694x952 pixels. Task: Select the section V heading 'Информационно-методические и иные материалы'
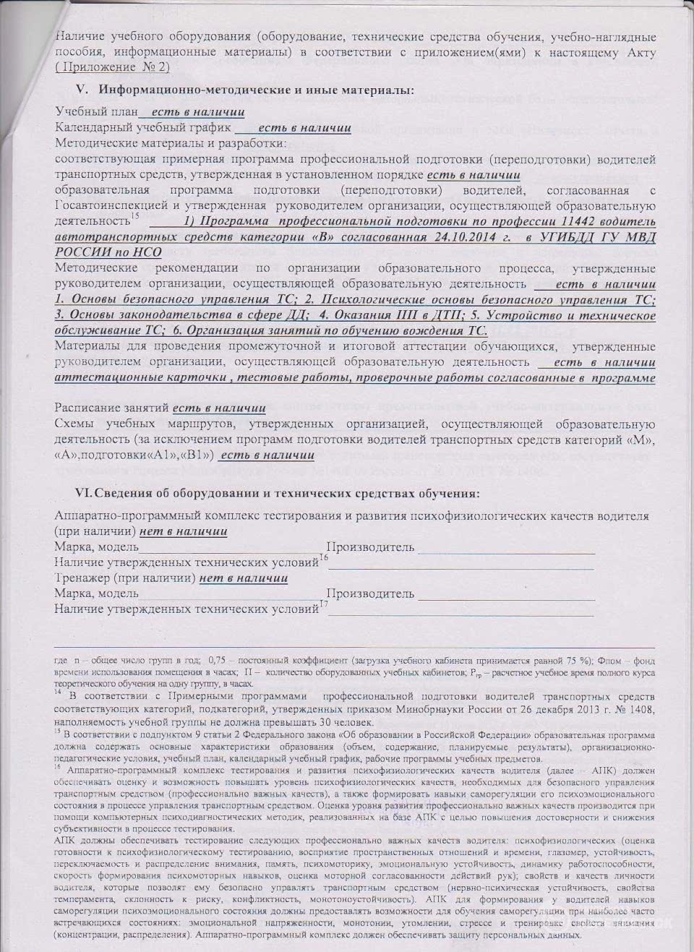coord(257,90)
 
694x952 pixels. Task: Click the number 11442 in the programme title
coord(532,220)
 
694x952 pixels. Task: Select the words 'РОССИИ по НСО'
coord(108,252)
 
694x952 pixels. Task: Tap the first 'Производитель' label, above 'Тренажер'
coord(370,547)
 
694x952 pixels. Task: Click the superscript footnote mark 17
coord(323,604)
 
